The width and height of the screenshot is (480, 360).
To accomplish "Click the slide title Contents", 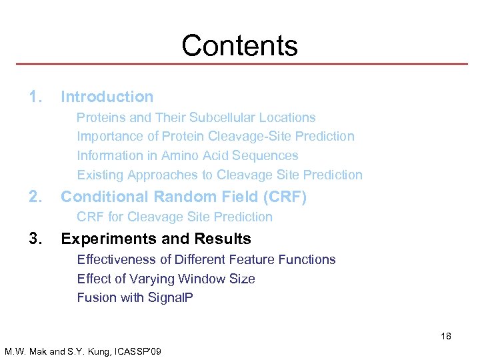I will click(239, 45).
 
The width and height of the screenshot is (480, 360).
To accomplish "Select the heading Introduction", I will click(107, 97).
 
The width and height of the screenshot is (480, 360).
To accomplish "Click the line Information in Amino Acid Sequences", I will click(187, 155).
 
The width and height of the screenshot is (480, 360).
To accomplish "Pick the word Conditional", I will click(105, 197).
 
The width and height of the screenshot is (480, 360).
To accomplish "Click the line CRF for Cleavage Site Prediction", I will click(175, 217).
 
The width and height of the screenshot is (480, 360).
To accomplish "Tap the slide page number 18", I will click(445, 336).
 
